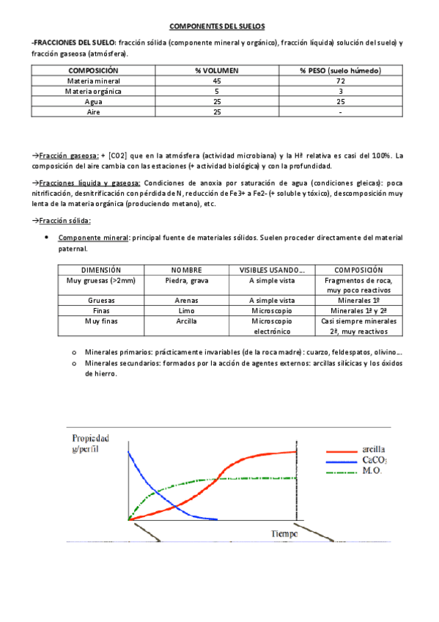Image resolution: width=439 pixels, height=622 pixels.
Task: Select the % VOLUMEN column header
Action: [217, 70]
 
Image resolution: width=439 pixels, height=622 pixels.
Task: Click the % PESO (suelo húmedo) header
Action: [340, 70]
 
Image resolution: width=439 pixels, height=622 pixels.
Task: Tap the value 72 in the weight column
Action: [340, 81]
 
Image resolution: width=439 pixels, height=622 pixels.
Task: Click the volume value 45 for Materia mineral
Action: [217, 81]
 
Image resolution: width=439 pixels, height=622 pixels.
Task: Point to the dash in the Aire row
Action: [340, 113]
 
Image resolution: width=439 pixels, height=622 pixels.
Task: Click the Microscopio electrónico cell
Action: [271, 326]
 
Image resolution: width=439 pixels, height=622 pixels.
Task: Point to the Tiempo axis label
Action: [284, 534]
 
